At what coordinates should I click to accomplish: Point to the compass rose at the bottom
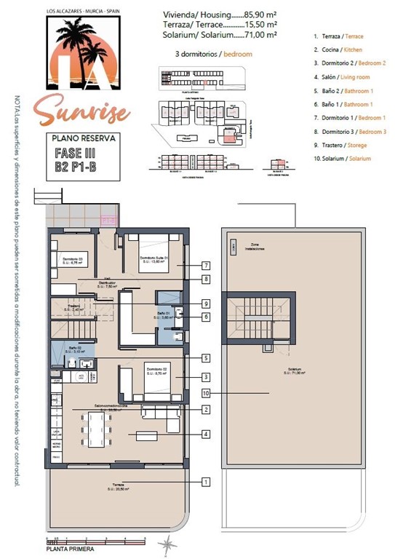coord(169,544)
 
